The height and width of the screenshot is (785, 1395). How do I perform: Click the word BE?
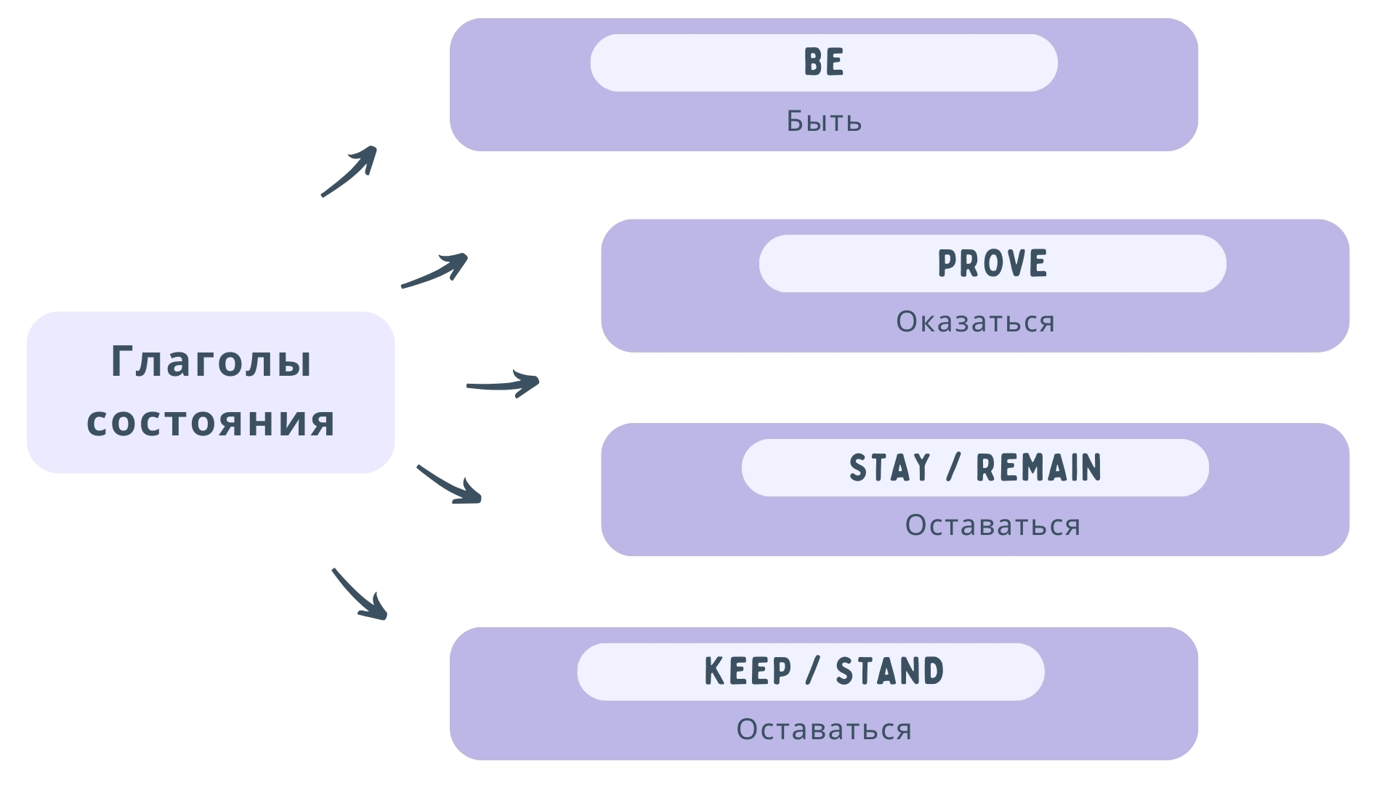point(824,63)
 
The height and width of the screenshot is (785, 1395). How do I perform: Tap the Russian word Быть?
point(824,121)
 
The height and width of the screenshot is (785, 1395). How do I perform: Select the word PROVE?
point(992,264)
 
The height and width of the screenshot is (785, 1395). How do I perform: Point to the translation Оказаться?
point(975,322)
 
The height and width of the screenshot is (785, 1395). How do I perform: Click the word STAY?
point(890,468)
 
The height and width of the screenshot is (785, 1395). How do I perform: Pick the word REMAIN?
point(1039,468)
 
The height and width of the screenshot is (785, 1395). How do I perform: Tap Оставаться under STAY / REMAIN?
point(992,526)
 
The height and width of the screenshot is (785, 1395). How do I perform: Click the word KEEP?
point(748,672)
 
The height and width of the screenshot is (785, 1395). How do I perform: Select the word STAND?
point(890,672)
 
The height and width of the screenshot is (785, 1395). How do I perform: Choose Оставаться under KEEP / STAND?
point(824,730)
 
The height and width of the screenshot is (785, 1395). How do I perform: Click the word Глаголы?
point(211,361)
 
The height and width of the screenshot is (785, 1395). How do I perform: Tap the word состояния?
point(211,422)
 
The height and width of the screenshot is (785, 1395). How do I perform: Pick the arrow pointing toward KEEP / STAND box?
point(359,595)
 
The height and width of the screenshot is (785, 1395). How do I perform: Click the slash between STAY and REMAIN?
point(953,468)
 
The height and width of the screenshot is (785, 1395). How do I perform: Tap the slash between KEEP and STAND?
point(813,672)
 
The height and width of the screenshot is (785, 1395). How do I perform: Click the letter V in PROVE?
point(1013,264)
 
